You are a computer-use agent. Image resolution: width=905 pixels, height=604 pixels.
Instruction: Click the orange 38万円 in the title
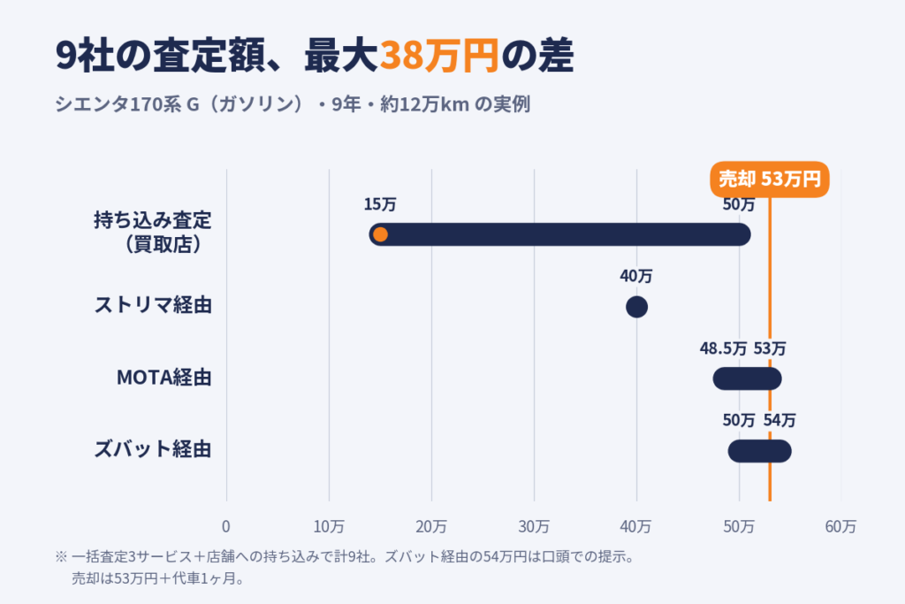(x=439, y=56)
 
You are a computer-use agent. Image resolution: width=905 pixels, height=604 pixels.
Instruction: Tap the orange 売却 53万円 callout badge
(x=770, y=179)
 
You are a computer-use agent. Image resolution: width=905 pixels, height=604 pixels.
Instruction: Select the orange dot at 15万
(x=380, y=234)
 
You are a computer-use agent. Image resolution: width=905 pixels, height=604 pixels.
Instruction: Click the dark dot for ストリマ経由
(x=636, y=307)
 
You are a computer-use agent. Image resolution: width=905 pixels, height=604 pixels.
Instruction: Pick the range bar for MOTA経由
(x=748, y=378)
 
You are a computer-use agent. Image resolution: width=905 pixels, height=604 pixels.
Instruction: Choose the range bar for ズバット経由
(x=759, y=451)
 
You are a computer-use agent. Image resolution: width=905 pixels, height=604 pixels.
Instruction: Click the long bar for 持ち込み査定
(x=559, y=234)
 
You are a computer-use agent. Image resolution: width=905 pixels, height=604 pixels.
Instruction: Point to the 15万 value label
(x=380, y=204)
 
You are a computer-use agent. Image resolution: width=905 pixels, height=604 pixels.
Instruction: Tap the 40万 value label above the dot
(x=636, y=276)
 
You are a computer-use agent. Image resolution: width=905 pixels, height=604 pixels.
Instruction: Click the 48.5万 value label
(x=723, y=348)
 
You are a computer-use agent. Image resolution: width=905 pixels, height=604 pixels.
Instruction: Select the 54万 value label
(x=780, y=420)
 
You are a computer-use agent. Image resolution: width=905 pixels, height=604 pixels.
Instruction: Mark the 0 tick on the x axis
(x=226, y=527)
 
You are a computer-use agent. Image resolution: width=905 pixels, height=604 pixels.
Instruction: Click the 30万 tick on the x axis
(x=534, y=527)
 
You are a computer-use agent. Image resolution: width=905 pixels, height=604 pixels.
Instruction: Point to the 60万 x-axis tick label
(x=841, y=527)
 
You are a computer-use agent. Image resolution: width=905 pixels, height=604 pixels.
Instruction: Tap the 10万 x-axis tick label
(x=329, y=527)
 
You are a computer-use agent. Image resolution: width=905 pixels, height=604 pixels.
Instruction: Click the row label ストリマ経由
(x=153, y=305)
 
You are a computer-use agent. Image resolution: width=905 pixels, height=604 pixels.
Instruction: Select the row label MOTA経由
(x=164, y=378)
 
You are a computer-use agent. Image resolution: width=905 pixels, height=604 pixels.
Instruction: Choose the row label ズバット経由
(x=153, y=449)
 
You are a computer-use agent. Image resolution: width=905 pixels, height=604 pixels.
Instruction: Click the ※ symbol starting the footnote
(x=61, y=557)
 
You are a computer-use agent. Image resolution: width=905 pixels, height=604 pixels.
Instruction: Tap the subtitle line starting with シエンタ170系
(x=293, y=104)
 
